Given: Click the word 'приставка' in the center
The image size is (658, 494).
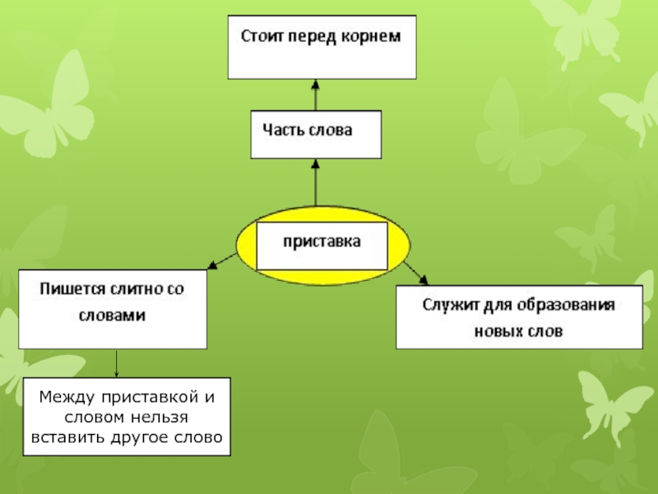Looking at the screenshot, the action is [x=322, y=242].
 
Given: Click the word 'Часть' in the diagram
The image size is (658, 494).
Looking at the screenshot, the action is [x=281, y=130].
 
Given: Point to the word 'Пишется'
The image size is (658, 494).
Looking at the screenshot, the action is [x=73, y=289].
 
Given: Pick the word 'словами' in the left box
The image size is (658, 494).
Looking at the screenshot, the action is [x=112, y=315].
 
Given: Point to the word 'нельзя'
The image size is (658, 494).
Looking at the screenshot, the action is [x=160, y=417].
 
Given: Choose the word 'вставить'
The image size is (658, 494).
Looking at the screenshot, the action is [x=68, y=438].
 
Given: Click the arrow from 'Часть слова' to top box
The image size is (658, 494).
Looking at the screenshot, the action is [x=316, y=95].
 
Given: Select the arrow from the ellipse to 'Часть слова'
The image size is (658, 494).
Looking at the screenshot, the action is [x=316, y=182].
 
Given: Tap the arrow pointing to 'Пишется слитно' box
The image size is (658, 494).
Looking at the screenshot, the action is [x=222, y=261].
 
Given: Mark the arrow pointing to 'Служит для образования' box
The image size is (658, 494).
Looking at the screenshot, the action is [x=416, y=273].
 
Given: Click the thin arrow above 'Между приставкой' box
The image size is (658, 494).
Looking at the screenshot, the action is [x=116, y=363].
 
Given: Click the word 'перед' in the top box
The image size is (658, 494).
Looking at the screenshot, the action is [x=313, y=36].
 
